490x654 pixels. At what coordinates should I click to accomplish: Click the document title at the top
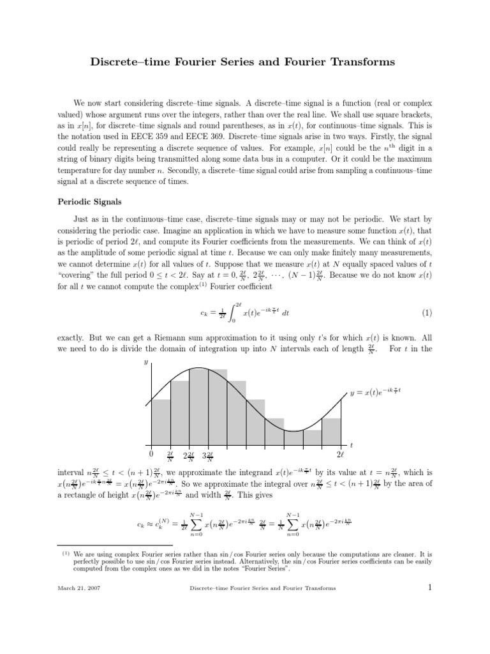point(245,62)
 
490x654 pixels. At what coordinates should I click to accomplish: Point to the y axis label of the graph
point(145,361)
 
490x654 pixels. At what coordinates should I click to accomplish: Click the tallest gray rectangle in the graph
point(208,407)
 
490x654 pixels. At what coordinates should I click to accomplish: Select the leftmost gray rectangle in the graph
point(161,422)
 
